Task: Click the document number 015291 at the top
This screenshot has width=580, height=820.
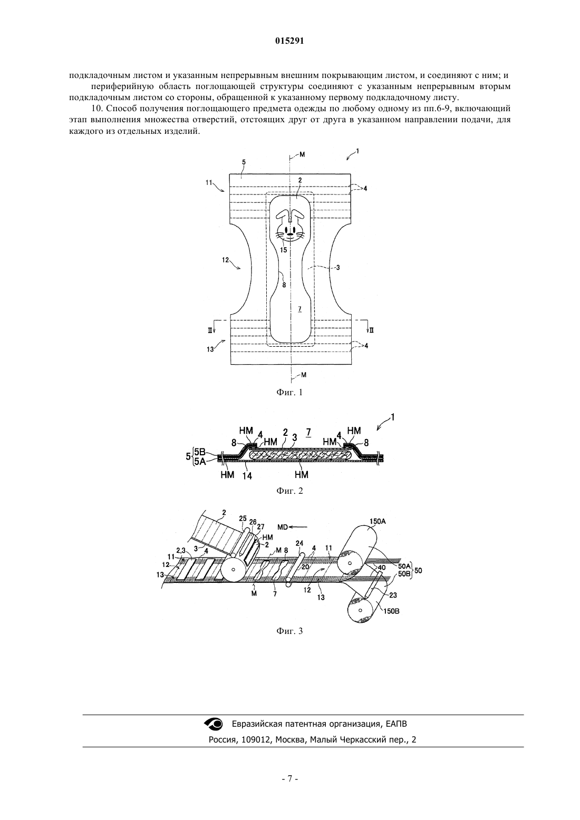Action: click(x=289, y=41)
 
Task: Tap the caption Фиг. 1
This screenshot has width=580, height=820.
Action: click(x=289, y=393)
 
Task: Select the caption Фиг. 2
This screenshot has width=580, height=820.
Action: click(x=289, y=491)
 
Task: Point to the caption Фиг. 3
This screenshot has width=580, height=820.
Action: click(x=289, y=631)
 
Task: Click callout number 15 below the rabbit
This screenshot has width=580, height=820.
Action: click(x=283, y=250)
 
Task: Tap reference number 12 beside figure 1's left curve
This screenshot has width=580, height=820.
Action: click(x=225, y=260)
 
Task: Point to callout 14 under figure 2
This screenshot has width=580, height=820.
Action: click(x=247, y=476)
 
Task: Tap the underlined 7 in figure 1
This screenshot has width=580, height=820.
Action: click(x=299, y=309)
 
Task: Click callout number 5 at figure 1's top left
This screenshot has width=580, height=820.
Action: click(x=244, y=162)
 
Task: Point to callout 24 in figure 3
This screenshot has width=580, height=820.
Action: click(x=299, y=543)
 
